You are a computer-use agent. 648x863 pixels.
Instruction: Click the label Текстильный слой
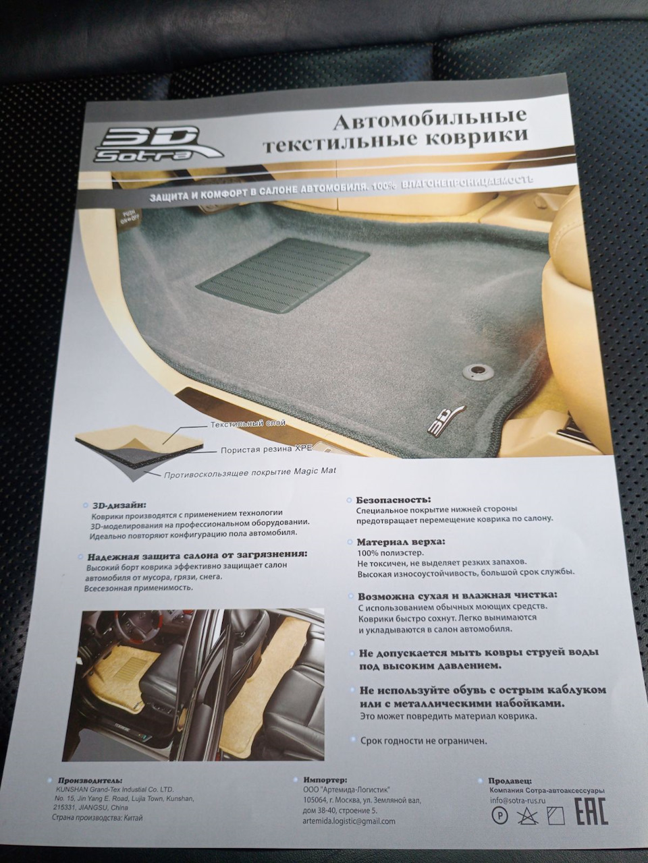pyautogui.click(x=248, y=425)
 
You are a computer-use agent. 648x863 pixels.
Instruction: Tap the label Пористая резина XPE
pyautogui.click(x=260, y=448)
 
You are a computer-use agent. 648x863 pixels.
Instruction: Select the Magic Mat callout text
pyautogui.click(x=250, y=474)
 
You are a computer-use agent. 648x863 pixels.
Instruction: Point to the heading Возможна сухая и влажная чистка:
pyautogui.click(x=457, y=596)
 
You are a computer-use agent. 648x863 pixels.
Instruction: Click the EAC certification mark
pyautogui.click(x=591, y=811)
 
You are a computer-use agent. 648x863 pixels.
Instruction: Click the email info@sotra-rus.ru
pyautogui.click(x=518, y=801)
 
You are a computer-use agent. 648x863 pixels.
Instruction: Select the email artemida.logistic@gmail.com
pyautogui.click(x=350, y=821)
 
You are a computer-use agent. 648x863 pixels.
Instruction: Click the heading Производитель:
pyautogui.click(x=90, y=780)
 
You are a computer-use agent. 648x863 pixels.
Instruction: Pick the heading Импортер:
pyautogui.click(x=325, y=779)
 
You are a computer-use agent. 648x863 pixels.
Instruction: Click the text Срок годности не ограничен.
pyautogui.click(x=423, y=741)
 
